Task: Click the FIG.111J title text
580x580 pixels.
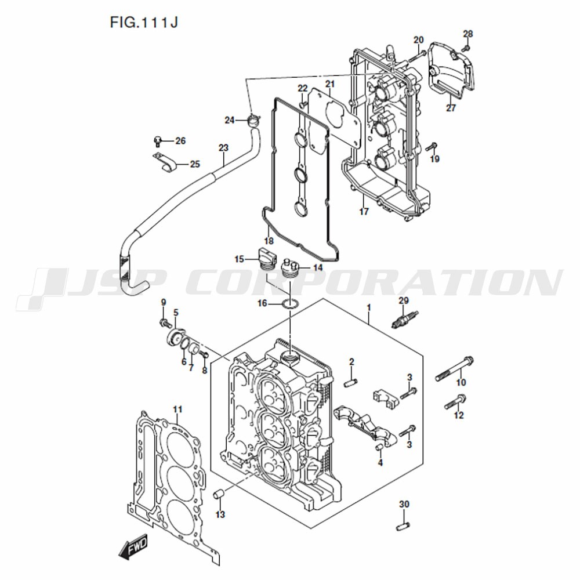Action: [144, 22]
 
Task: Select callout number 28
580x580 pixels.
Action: [468, 34]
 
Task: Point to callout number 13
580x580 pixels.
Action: [220, 514]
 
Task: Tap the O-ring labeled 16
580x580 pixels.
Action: [291, 304]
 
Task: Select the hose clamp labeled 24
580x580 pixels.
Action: [253, 120]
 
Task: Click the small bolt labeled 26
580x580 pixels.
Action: [158, 141]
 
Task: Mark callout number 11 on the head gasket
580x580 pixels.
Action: [178, 409]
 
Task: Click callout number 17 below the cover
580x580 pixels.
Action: [364, 212]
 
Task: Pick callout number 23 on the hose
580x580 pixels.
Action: [223, 148]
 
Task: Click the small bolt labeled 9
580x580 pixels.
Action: [164, 323]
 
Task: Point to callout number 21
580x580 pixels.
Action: [330, 84]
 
